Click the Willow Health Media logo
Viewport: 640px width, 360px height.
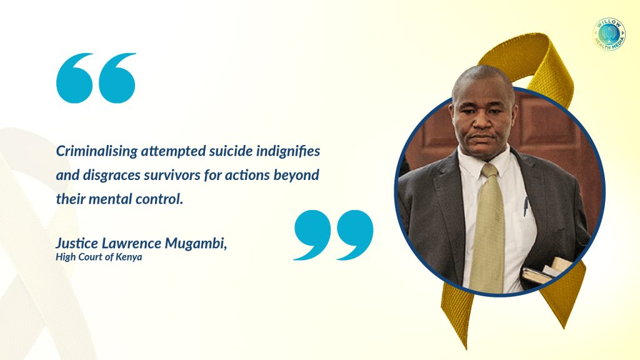coord(609,34)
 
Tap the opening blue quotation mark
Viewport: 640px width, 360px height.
coord(96,77)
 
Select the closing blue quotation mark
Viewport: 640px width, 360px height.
coord(334,235)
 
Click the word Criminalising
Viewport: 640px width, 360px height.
coord(97,151)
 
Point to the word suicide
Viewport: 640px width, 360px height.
coord(231,151)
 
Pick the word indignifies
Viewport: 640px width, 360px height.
coord(288,152)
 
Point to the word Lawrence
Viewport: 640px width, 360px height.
coord(131,243)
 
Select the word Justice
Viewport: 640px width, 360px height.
coord(77,243)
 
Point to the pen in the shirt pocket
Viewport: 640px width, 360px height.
coord(526,206)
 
